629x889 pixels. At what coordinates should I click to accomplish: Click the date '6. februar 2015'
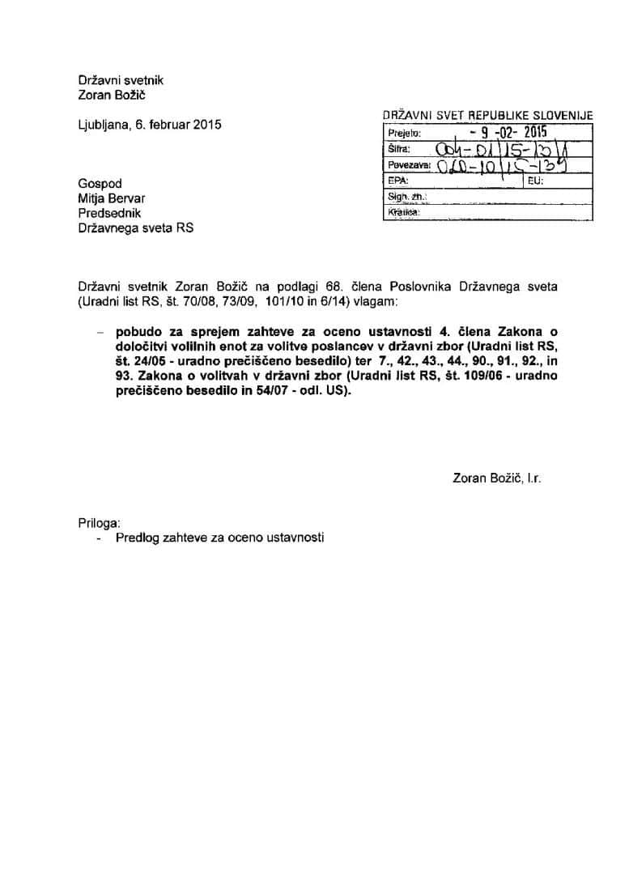point(175,125)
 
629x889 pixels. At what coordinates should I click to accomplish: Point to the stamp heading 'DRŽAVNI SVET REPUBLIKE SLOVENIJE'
point(488,117)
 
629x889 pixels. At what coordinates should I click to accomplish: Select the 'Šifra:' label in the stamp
point(400,150)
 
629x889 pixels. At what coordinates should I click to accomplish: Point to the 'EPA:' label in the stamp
point(397,181)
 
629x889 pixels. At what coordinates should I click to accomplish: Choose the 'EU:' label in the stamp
point(535,181)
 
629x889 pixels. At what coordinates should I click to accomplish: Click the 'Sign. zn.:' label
point(407,197)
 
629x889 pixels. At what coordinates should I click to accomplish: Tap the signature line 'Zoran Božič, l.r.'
point(497,478)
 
